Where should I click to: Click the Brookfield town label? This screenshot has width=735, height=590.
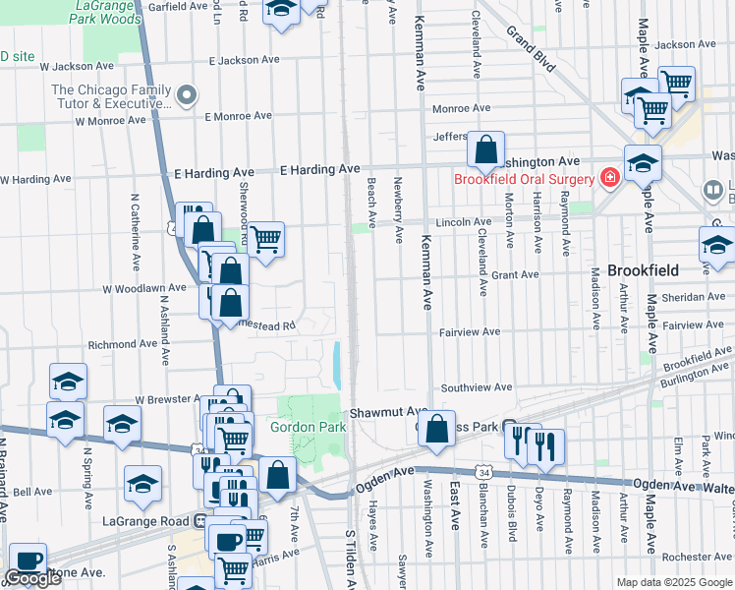click(630, 269)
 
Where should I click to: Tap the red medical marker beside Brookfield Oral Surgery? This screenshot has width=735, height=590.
click(609, 178)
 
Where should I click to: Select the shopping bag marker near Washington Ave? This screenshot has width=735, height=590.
click(485, 150)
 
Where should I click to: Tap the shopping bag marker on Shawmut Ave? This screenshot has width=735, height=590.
click(434, 430)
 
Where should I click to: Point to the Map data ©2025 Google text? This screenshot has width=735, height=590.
click(674, 582)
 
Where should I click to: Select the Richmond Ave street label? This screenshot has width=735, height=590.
click(123, 345)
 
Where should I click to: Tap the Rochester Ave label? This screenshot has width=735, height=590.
click(697, 557)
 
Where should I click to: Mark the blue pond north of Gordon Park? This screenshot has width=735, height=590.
click(338, 364)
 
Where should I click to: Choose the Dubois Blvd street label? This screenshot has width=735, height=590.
click(512, 511)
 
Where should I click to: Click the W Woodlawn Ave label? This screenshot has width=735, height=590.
click(144, 288)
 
